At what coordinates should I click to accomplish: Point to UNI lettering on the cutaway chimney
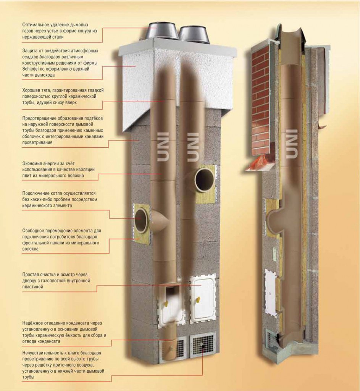pyautogui.click(x=291, y=144)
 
